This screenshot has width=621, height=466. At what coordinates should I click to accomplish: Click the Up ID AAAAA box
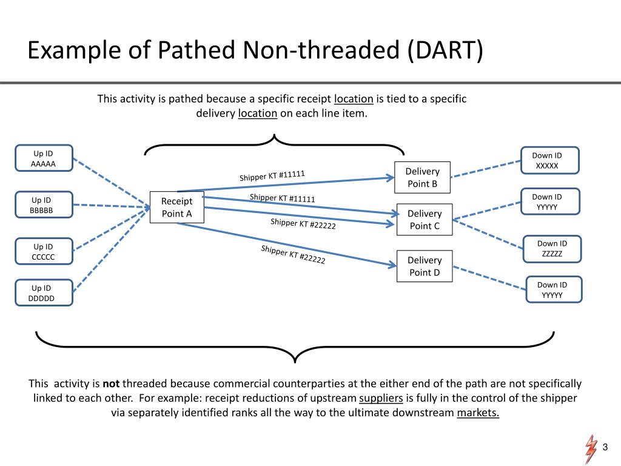(x=44, y=158)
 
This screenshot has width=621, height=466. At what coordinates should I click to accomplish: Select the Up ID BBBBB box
(x=42, y=205)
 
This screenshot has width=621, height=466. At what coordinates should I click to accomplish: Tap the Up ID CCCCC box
(x=44, y=252)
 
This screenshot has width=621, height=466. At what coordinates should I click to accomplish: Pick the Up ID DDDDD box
(x=42, y=293)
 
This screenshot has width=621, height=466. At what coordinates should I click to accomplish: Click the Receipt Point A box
(x=177, y=207)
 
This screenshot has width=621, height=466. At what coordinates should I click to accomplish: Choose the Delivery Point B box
(x=422, y=177)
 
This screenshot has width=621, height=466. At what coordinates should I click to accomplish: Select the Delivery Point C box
(x=425, y=220)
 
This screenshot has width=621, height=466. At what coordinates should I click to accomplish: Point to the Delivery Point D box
(x=425, y=266)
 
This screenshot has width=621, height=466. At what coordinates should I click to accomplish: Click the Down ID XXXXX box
(x=547, y=160)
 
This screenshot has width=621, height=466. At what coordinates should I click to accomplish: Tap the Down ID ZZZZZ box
(x=552, y=249)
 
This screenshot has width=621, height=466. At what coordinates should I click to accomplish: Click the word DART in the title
(x=445, y=50)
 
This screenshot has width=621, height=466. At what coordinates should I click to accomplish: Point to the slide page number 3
(x=605, y=447)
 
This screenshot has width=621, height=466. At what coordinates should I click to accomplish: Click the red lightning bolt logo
(x=590, y=449)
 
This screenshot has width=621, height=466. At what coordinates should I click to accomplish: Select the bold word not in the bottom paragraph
(x=111, y=383)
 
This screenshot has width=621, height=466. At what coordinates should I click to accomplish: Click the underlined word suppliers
(x=381, y=399)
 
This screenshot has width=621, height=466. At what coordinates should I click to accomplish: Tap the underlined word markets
(x=478, y=413)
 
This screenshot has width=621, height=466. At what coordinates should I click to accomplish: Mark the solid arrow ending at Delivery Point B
(x=285, y=184)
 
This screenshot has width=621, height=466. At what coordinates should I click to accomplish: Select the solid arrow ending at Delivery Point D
(x=285, y=244)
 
